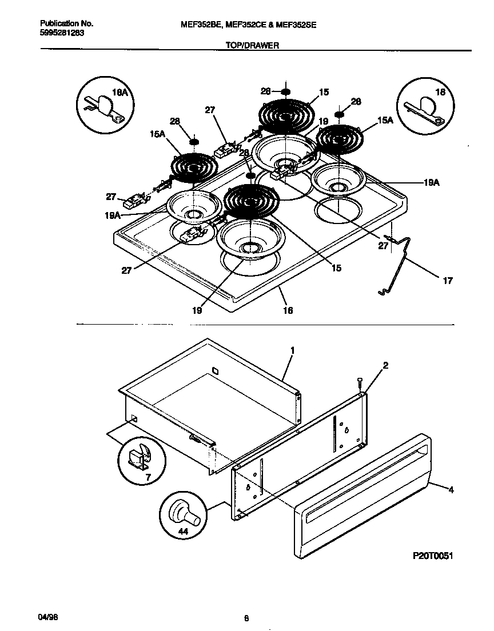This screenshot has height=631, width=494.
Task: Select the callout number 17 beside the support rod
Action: click(447, 281)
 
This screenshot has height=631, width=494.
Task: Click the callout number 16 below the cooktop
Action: click(288, 310)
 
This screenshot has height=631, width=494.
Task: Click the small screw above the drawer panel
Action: click(358, 382)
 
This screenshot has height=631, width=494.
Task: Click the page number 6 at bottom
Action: click(246, 618)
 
